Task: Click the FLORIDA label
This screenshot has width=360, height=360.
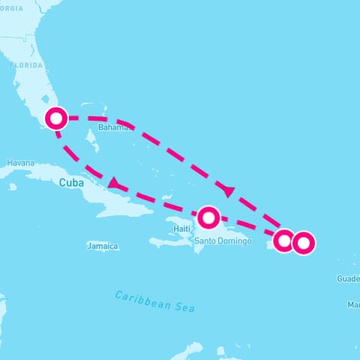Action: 25,65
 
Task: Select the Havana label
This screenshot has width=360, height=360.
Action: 20,163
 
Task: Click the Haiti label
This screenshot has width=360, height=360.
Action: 181,228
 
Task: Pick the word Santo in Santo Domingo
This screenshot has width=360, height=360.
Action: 206,241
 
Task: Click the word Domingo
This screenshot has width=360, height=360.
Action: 234,241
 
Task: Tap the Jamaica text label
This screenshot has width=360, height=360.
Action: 103,246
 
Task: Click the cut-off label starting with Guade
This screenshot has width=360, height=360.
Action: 348,278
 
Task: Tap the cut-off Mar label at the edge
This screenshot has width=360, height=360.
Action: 352,304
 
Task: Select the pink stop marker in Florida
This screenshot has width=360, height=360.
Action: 56,118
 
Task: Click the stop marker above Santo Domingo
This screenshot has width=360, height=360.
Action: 208,217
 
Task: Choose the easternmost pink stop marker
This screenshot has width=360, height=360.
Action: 303,243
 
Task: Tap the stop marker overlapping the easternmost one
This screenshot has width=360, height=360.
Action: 283,241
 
